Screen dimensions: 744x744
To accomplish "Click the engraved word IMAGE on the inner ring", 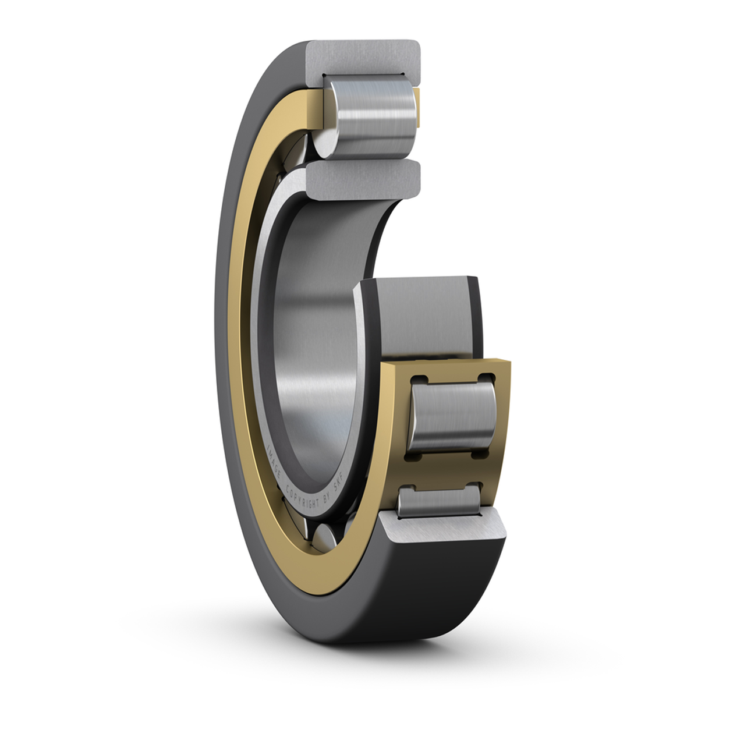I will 272,460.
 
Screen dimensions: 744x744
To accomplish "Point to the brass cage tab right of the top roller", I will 419,108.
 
